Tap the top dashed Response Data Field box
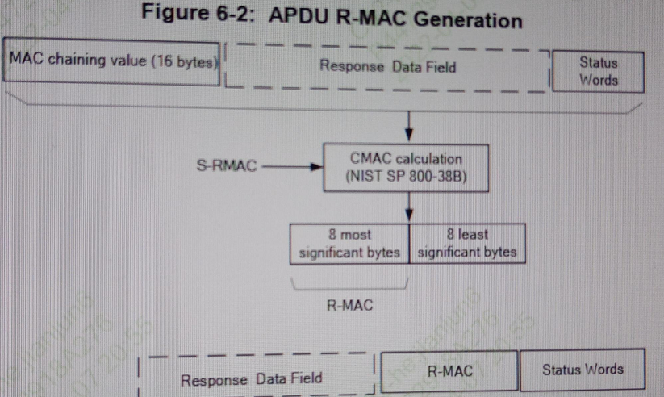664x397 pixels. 387,67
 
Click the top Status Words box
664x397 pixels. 598,71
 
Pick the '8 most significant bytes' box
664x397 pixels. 349,244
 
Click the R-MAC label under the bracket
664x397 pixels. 349,306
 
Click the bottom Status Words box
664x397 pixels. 582,370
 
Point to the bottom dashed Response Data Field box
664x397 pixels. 252,378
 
